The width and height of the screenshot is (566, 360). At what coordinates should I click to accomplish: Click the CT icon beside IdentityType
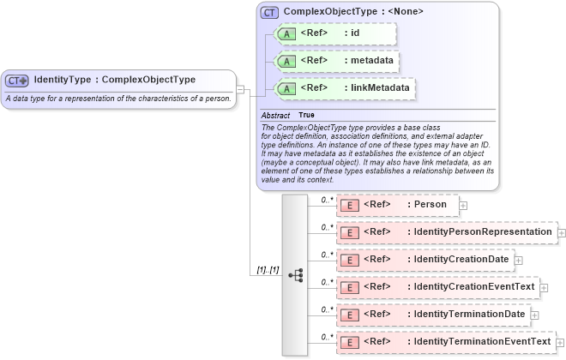point(17,81)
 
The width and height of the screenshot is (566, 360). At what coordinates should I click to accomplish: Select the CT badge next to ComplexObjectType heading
point(269,13)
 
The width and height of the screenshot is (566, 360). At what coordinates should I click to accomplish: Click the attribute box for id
point(334,34)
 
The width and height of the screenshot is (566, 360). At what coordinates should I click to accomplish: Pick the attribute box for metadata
point(337,61)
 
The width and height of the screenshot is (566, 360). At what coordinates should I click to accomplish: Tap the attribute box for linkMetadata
point(344,87)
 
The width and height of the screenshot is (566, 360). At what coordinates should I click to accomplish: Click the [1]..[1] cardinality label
point(268,270)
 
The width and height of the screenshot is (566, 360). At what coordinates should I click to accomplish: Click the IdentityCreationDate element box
point(424,260)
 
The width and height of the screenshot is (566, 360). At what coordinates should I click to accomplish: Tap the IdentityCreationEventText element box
point(437,287)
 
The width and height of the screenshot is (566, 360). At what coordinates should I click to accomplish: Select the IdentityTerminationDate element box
point(433,315)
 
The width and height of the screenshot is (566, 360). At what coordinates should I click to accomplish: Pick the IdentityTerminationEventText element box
point(445,342)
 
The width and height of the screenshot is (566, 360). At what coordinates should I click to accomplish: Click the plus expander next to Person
point(463,206)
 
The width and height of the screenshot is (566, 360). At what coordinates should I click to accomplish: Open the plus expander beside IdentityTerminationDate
point(535,315)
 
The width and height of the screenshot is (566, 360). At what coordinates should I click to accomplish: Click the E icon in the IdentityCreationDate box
point(349,260)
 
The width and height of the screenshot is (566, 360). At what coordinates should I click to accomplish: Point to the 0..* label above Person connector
point(327,200)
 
